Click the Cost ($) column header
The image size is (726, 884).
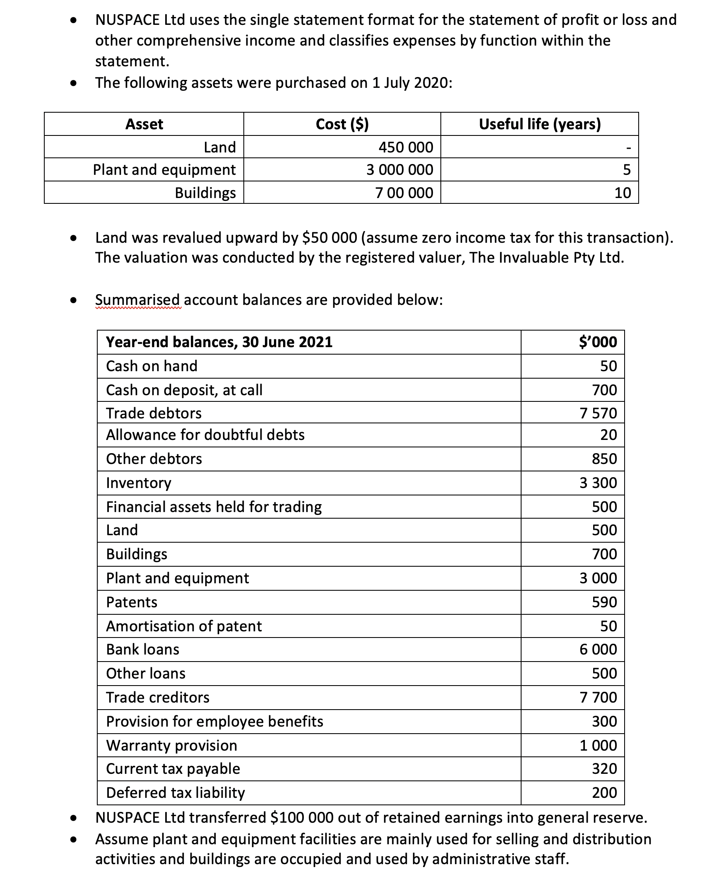[341, 124]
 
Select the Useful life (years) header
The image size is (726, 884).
[539, 124]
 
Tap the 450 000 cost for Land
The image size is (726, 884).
[405, 147]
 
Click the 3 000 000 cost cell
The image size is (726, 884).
[399, 169]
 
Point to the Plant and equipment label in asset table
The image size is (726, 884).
[164, 169]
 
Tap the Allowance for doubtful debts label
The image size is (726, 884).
[205, 435]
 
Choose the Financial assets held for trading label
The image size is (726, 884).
[214, 507]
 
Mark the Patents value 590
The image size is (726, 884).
[604, 602]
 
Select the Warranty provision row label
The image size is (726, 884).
[171, 746]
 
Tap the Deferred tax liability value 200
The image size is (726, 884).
[604, 792]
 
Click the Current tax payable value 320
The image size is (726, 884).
[604, 768]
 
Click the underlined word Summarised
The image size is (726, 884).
[137, 299]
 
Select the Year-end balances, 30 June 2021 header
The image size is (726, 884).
[219, 342]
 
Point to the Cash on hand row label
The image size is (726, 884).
[151, 366]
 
